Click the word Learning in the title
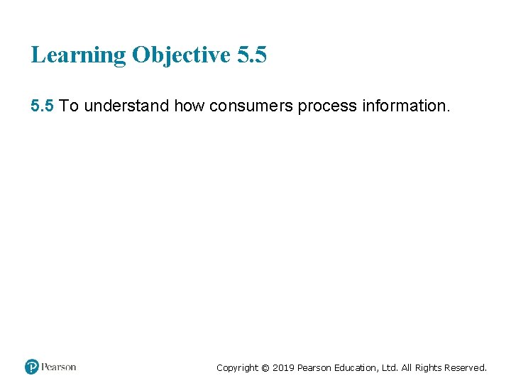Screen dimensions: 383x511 77,55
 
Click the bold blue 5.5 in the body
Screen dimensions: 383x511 43,106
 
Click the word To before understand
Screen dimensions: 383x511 70,106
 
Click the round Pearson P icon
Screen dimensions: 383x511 32,367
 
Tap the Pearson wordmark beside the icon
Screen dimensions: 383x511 59,367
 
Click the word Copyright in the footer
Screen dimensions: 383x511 238,367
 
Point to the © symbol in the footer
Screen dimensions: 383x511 265,367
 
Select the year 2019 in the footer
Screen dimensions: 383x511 283,367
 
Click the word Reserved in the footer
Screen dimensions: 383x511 470,367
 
